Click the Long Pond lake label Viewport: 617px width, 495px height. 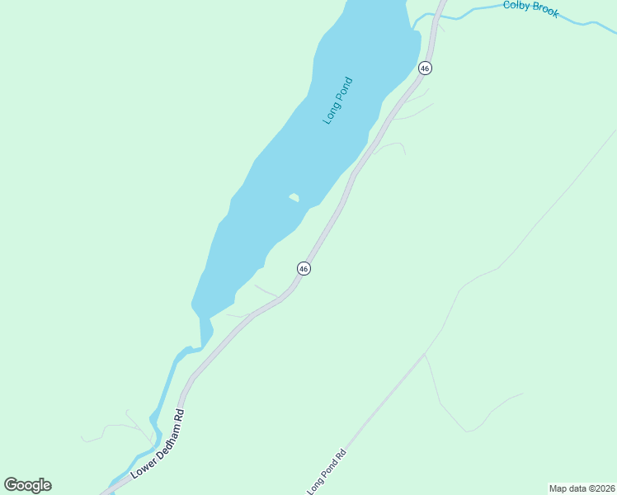(x=338, y=101)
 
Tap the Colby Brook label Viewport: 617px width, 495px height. (x=530, y=9)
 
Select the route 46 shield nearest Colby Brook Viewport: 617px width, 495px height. (x=425, y=68)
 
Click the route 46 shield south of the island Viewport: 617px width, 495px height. (x=304, y=269)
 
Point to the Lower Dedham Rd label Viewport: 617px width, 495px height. (x=157, y=444)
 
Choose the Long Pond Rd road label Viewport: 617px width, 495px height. (x=326, y=473)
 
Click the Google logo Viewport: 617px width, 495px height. (x=27, y=485)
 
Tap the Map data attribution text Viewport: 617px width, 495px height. (x=582, y=488)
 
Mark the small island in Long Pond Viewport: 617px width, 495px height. (x=294, y=197)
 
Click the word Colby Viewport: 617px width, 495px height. (x=516, y=7)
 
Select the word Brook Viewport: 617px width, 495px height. (x=544, y=12)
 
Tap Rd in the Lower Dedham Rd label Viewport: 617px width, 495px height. (x=179, y=414)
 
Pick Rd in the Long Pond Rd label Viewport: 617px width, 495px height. (x=340, y=454)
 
